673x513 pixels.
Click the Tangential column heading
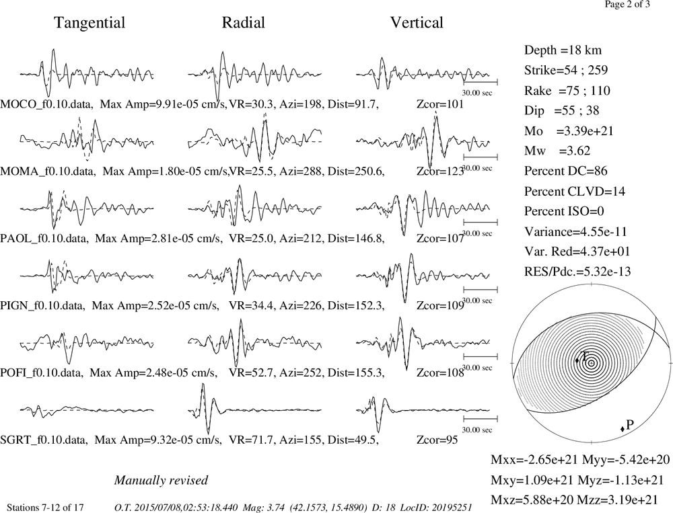click(90, 23)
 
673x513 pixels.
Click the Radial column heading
click(244, 22)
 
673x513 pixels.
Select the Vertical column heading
click(417, 22)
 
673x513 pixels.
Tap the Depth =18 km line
click(563, 50)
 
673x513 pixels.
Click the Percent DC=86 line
click(566, 171)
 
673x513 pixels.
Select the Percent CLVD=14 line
click(574, 191)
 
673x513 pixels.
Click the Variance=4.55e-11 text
click(575, 231)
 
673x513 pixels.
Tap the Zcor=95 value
click(437, 440)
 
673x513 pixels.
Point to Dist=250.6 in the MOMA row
click(356, 171)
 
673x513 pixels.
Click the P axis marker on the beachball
click(623, 429)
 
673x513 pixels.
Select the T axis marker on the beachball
click(577, 360)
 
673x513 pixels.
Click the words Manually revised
click(161, 480)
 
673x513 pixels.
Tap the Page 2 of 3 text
click(627, 4)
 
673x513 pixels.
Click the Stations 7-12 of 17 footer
click(46, 508)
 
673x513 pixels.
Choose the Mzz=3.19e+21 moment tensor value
click(621, 500)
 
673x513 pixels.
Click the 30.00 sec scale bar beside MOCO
click(481, 81)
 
